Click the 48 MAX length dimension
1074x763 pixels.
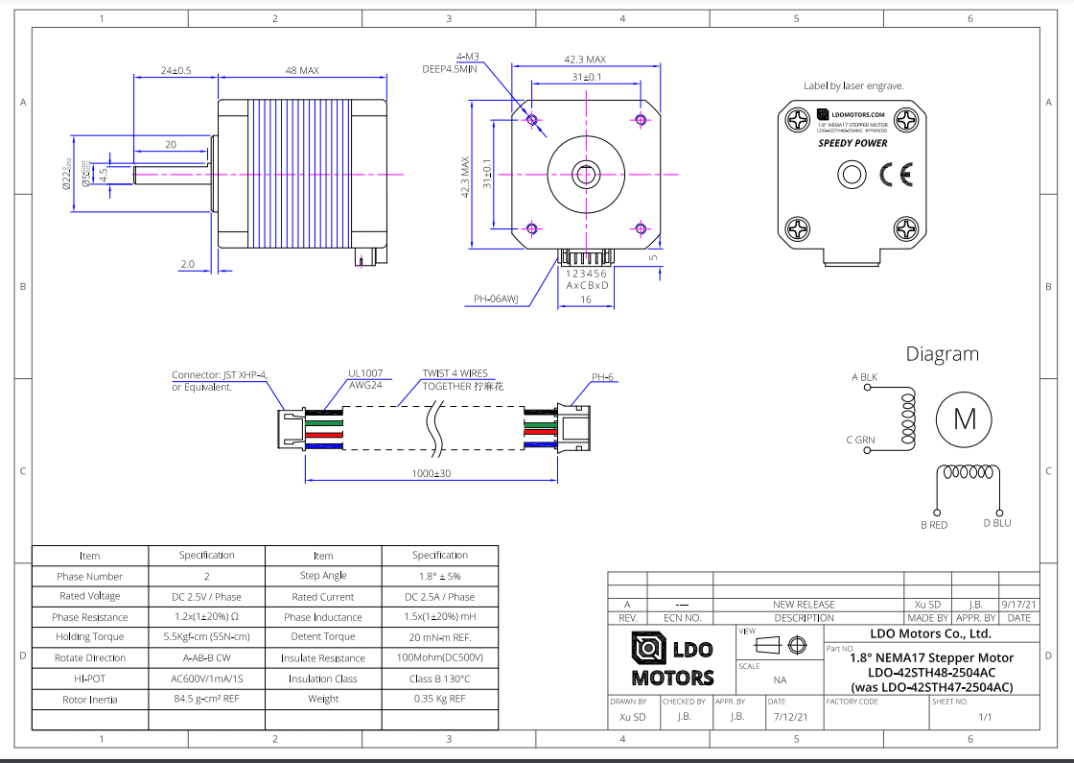(x=302, y=71)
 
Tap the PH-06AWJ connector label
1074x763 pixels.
(x=496, y=299)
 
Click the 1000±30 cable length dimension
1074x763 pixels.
(x=432, y=473)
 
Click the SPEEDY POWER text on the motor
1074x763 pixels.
(x=852, y=143)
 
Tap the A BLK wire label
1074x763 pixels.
(x=864, y=377)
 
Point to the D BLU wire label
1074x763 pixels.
(x=997, y=523)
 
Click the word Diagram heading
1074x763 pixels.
(x=943, y=354)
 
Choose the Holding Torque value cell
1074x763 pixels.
(x=207, y=636)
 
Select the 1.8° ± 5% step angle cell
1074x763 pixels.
(x=439, y=576)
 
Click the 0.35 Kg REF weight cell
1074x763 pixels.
(x=439, y=699)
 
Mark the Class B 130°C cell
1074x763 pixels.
(x=439, y=679)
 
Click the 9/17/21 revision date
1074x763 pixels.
(x=1019, y=605)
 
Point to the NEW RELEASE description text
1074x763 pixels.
(x=804, y=605)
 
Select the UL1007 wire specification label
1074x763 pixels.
(x=364, y=373)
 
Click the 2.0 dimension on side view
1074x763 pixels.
(x=187, y=264)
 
